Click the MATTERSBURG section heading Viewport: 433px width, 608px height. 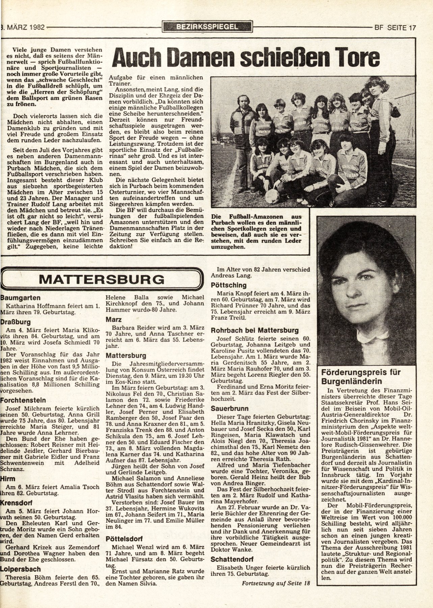click(102, 279)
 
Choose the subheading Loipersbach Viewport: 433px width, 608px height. click(21, 569)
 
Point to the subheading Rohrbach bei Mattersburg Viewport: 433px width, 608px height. click(254, 330)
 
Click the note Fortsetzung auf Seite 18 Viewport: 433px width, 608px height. click(275, 583)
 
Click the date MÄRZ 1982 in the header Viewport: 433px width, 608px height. click(24, 28)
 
